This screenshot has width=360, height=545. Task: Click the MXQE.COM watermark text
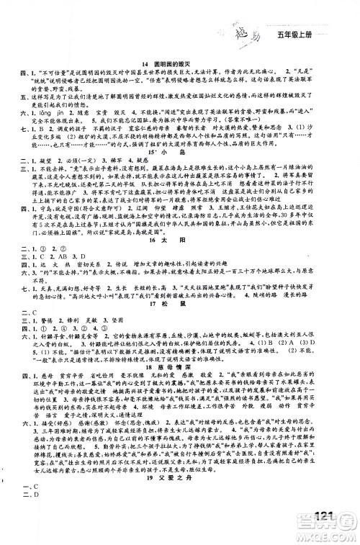click(330, 536)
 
